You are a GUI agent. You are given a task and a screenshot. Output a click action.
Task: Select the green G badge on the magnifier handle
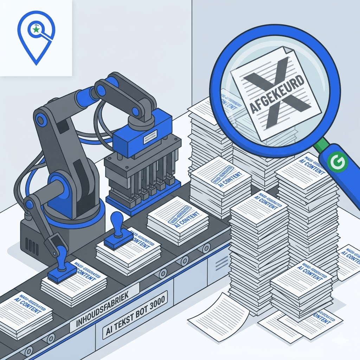click(337, 162)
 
